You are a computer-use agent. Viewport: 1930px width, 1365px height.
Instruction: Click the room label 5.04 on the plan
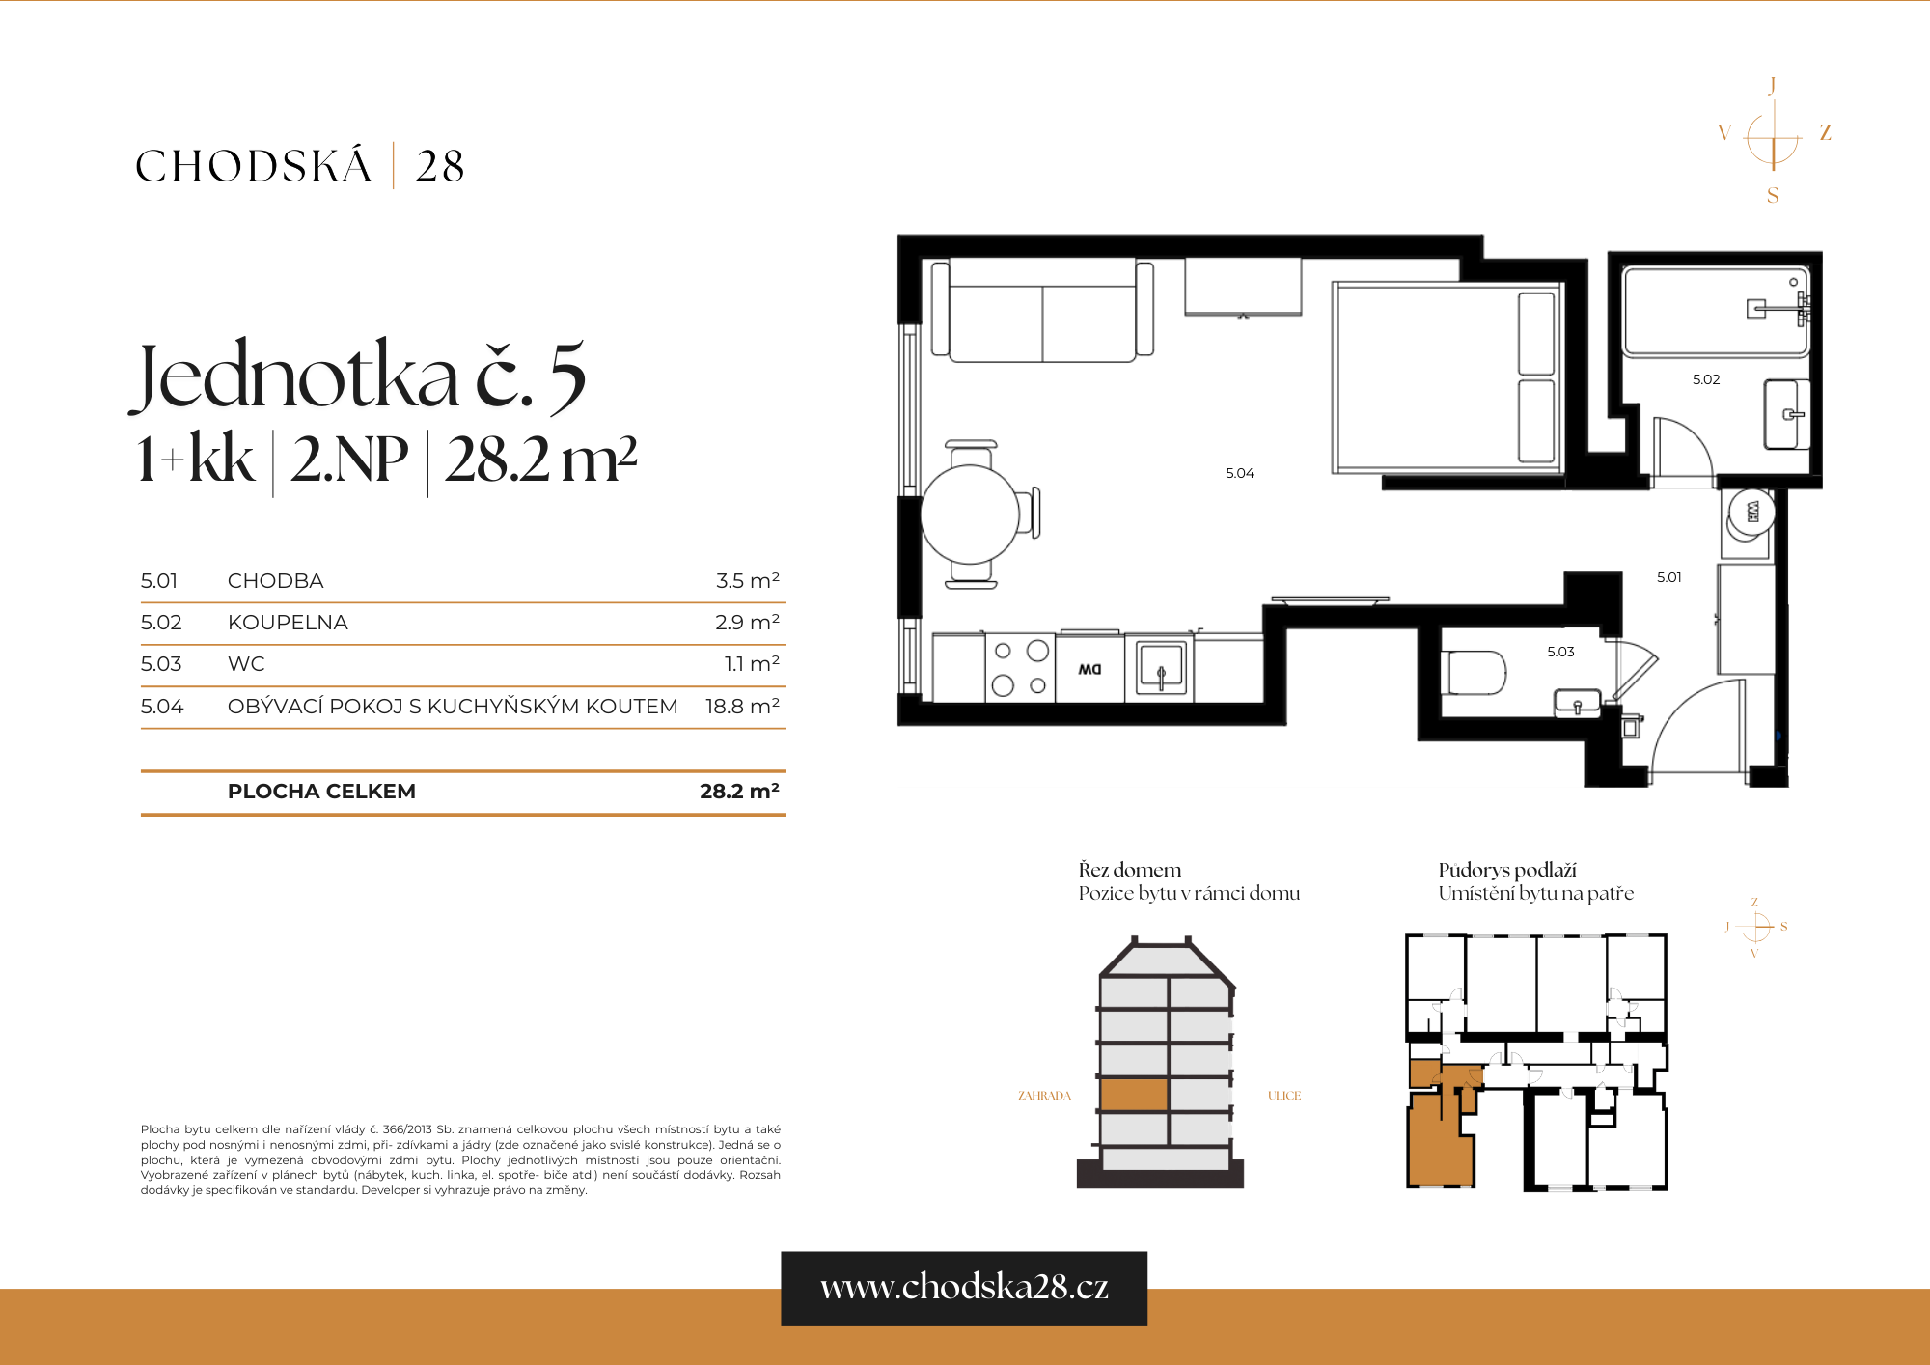tap(1239, 473)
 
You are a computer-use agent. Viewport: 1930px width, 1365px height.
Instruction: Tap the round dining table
tap(970, 514)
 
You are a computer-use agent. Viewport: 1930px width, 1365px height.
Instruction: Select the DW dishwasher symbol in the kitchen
tap(1089, 669)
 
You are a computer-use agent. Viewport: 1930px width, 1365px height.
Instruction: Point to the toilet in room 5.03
tap(1474, 673)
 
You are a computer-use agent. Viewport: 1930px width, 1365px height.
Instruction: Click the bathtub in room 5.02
tap(1715, 312)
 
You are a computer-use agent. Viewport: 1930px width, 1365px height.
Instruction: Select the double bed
tap(1445, 378)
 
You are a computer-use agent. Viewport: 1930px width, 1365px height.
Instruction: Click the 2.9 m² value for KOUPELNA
tap(747, 623)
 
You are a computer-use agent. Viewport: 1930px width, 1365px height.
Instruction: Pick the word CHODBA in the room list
tap(275, 581)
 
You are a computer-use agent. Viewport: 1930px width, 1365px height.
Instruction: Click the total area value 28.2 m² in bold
tap(738, 792)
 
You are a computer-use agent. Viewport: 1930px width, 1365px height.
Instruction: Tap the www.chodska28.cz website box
tap(963, 1288)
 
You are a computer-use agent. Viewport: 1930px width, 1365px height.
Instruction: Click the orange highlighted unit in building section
tap(1134, 1095)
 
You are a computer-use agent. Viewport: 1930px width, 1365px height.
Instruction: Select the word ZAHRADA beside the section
tap(1044, 1096)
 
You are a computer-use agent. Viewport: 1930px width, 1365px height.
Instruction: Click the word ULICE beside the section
tap(1283, 1096)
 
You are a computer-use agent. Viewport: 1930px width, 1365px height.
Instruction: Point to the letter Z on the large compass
tap(1825, 132)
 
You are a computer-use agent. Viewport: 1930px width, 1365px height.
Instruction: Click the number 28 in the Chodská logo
tap(440, 166)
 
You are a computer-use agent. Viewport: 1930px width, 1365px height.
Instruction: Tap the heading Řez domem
tap(1129, 870)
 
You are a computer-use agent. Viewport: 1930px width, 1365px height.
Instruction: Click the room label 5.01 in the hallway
tap(1668, 577)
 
